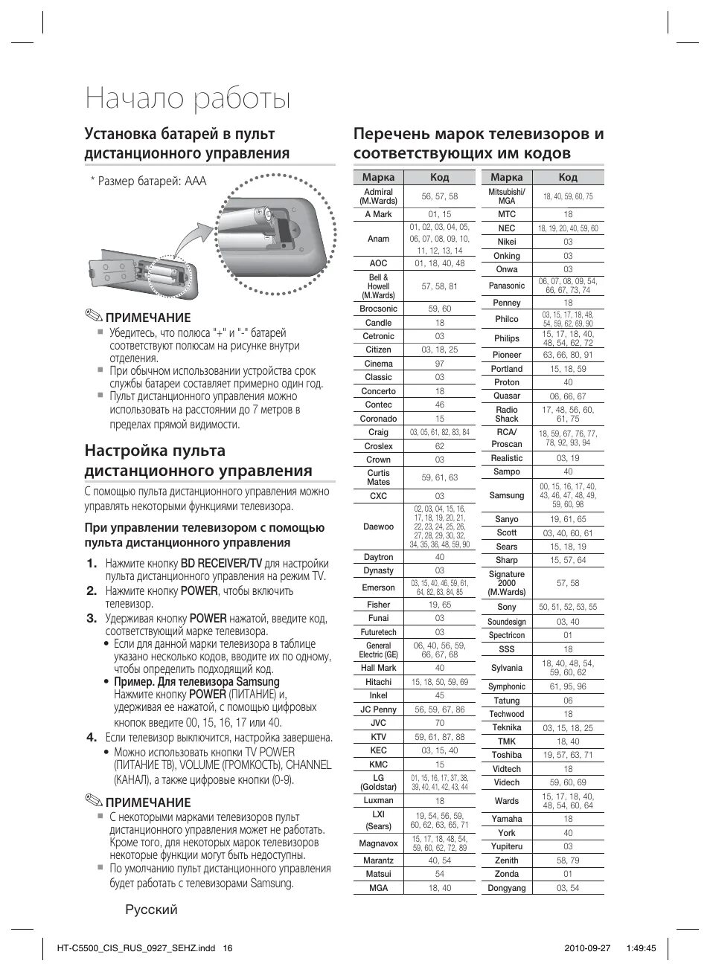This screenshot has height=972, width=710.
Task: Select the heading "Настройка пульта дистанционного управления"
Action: [198, 460]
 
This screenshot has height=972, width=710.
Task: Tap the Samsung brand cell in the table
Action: [506, 495]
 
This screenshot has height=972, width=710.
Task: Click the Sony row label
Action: [506, 607]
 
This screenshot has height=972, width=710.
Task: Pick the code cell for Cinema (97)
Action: [439, 364]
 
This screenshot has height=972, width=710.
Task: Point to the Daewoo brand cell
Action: [378, 527]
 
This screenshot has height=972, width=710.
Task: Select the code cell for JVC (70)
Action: [439, 723]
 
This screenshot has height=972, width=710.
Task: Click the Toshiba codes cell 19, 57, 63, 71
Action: [567, 755]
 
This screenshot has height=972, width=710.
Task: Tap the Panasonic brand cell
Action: [506, 286]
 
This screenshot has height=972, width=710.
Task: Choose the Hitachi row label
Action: [378, 682]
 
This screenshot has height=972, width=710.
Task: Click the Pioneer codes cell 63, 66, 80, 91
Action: [567, 355]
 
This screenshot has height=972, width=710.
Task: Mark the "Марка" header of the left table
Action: [378, 178]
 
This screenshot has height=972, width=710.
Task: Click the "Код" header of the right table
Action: [567, 178]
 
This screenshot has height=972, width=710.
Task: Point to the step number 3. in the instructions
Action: [92, 618]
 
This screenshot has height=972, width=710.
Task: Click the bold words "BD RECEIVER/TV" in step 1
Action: [221, 564]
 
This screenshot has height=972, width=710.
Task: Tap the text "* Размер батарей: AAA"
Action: [148, 181]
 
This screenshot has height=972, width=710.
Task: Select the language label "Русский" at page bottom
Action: [151, 910]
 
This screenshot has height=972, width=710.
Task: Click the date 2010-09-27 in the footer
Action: [581, 948]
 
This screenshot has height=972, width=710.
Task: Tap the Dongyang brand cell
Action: [506, 888]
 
